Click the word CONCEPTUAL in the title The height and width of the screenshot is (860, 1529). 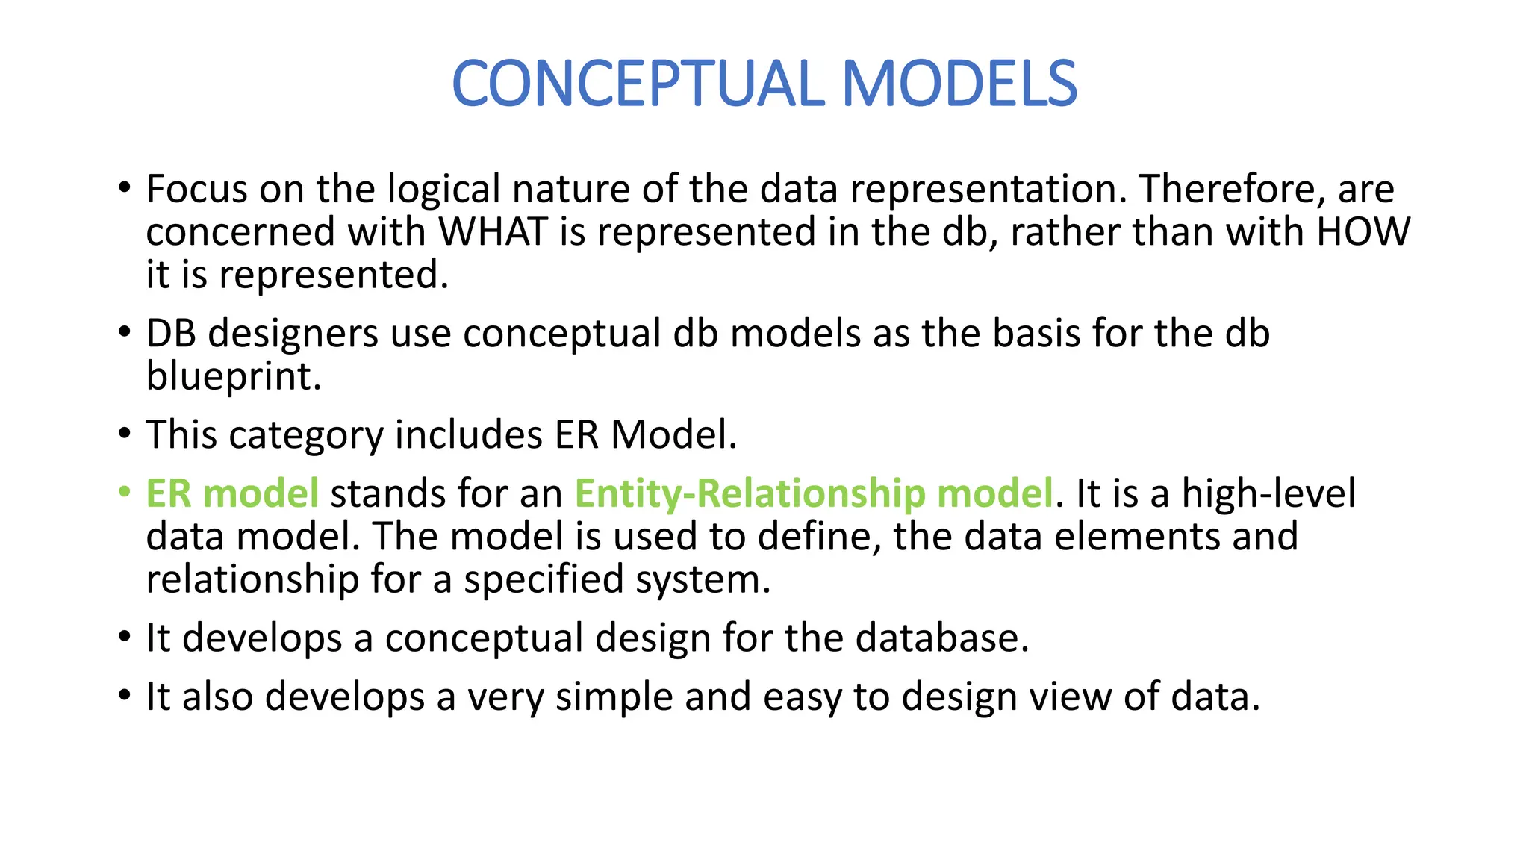[638, 84]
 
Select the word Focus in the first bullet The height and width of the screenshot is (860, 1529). [196, 189]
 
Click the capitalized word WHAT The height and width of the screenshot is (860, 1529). [493, 231]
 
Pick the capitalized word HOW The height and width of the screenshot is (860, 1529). [1363, 231]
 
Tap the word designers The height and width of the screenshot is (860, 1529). [293, 334]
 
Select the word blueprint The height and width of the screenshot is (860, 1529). [234, 376]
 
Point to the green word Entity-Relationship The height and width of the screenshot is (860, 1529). [750, 493]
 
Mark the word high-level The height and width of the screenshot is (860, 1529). [1268, 493]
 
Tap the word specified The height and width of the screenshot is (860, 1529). [543, 579]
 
